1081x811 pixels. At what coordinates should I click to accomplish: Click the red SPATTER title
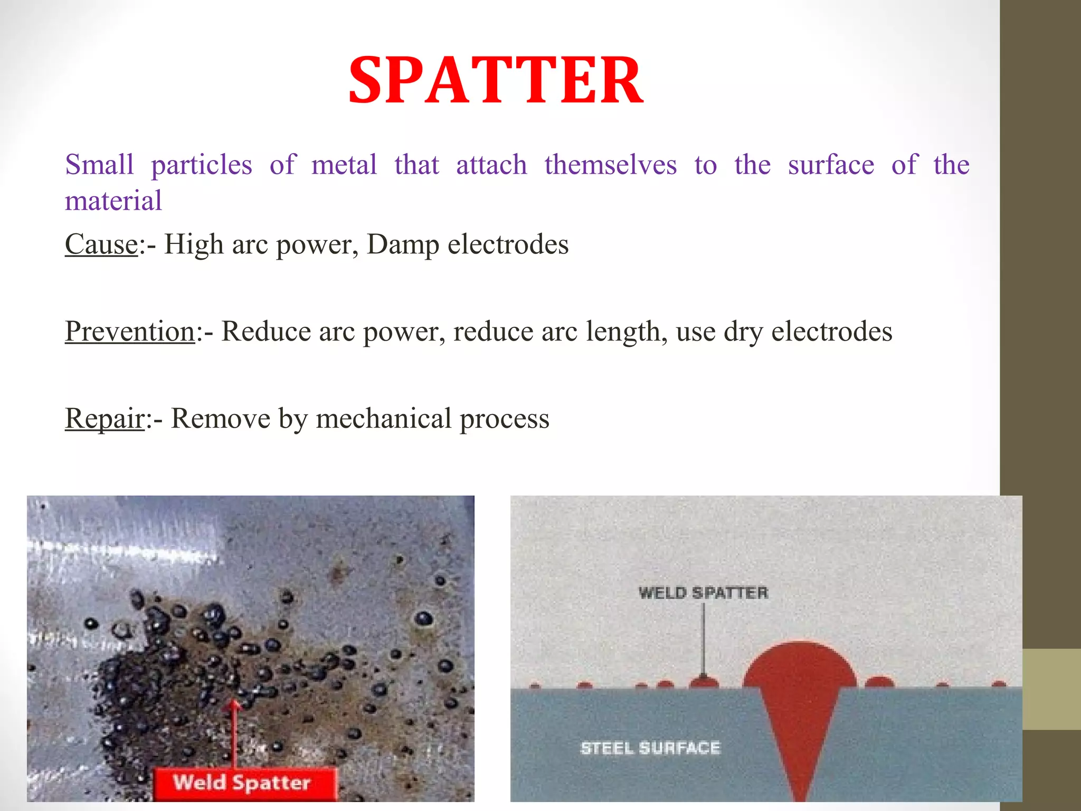pyautogui.click(x=496, y=81)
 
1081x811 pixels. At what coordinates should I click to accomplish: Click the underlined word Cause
pyautogui.click(x=101, y=244)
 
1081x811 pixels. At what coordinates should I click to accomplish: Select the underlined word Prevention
pyautogui.click(x=130, y=332)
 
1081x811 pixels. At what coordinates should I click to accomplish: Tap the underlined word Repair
pyautogui.click(x=105, y=419)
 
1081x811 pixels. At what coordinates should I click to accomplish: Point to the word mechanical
pyautogui.click(x=383, y=419)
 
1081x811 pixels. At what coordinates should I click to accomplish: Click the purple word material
pyautogui.click(x=113, y=201)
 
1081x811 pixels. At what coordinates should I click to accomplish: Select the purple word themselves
pyautogui.click(x=610, y=165)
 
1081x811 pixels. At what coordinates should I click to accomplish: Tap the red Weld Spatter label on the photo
pyautogui.click(x=243, y=782)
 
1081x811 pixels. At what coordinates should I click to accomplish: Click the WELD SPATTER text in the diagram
pyautogui.click(x=703, y=593)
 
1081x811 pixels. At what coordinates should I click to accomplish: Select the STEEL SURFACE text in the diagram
pyautogui.click(x=650, y=748)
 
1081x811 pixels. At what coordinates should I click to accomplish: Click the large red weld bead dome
pyautogui.click(x=800, y=666)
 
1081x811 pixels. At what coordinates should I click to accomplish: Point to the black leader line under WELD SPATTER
pyautogui.click(x=703, y=639)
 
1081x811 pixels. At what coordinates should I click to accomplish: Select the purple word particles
pyautogui.click(x=202, y=165)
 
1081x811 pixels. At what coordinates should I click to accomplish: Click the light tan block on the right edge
pyautogui.click(x=1051, y=689)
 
